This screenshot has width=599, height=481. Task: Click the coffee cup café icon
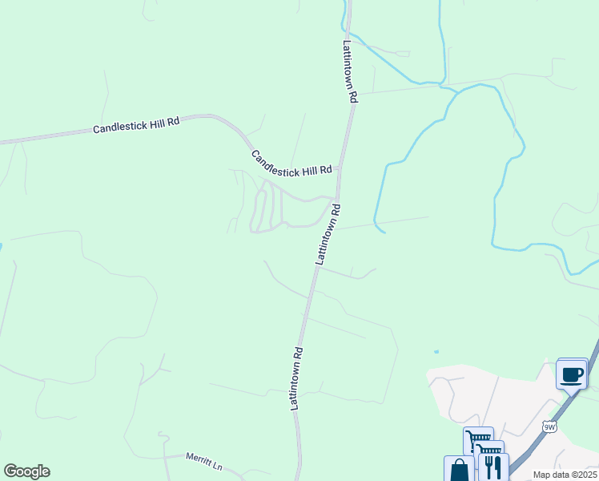click(572, 374)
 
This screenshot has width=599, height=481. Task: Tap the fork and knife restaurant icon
click(493, 466)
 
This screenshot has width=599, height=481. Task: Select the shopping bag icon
click(460, 470)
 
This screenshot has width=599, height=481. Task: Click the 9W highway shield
click(549, 427)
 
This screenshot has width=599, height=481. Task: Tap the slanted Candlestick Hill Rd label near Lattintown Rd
click(291, 164)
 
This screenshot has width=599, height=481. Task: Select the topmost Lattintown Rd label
click(350, 71)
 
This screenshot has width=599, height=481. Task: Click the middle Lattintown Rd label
click(328, 234)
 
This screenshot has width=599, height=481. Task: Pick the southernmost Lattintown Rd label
click(296, 378)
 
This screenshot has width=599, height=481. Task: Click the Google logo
click(26, 471)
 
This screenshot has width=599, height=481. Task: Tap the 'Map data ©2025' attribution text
click(565, 475)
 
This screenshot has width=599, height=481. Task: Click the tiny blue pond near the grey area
click(436, 352)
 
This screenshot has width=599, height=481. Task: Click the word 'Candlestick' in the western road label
click(120, 127)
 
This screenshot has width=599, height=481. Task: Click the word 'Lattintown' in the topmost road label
click(348, 63)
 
